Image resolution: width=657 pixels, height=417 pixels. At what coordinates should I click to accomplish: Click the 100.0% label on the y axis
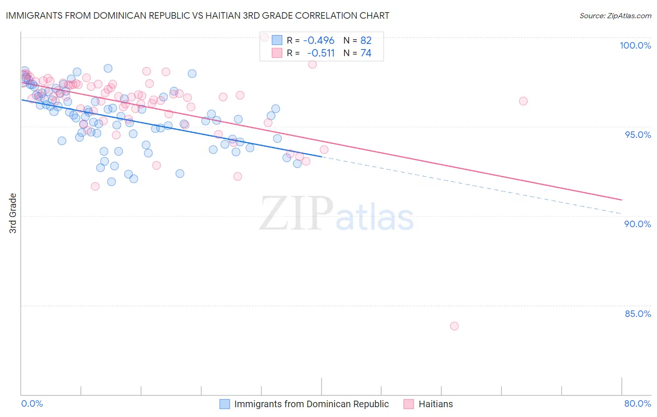pyautogui.click(x=635, y=45)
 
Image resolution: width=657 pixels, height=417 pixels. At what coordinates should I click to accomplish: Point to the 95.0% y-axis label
pyautogui.click(x=637, y=135)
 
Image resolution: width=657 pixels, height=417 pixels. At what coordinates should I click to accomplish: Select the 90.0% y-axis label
pyautogui.click(x=637, y=224)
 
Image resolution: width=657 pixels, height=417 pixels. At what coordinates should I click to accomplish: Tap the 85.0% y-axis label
pyautogui.click(x=637, y=314)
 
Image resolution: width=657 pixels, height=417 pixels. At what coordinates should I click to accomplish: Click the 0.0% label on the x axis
pyautogui.click(x=32, y=403)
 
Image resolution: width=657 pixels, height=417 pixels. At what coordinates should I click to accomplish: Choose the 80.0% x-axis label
pyautogui.click(x=637, y=403)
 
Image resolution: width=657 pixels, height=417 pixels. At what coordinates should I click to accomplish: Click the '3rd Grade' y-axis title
pyautogui.click(x=13, y=213)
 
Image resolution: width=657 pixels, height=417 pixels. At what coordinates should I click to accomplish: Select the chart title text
pyautogui.click(x=197, y=16)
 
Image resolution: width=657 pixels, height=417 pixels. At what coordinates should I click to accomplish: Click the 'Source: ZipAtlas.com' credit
pyautogui.click(x=615, y=16)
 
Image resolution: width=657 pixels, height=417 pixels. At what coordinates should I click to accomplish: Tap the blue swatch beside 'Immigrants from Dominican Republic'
pyautogui.click(x=225, y=404)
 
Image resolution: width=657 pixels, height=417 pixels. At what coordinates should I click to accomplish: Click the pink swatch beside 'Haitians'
pyautogui.click(x=409, y=404)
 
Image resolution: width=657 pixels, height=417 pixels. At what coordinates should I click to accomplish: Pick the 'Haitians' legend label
pyautogui.click(x=436, y=404)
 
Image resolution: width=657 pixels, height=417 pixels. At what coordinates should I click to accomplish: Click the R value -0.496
pyautogui.click(x=319, y=41)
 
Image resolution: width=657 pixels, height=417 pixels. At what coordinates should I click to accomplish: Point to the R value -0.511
pyautogui.click(x=321, y=53)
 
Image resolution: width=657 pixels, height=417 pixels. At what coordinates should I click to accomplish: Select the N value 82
pyautogui.click(x=366, y=41)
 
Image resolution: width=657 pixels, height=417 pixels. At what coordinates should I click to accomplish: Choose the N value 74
pyautogui.click(x=366, y=53)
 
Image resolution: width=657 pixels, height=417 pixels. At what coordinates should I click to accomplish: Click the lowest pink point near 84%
pyautogui.click(x=454, y=326)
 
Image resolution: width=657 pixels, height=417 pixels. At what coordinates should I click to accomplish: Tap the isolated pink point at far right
pyautogui.click(x=523, y=101)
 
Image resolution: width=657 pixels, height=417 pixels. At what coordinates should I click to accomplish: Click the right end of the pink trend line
pyautogui.click(x=621, y=200)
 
